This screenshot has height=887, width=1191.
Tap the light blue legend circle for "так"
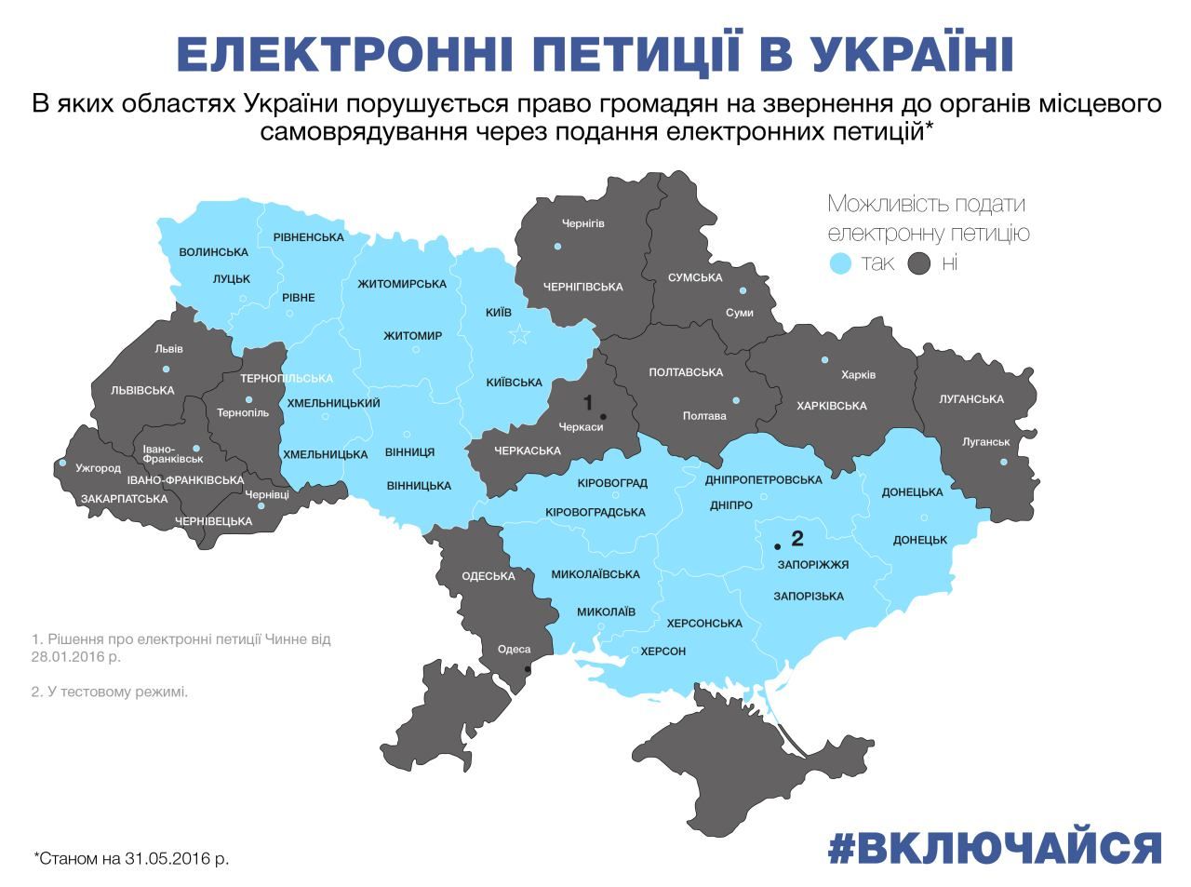point(840,263)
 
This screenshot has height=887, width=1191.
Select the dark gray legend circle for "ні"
point(920,263)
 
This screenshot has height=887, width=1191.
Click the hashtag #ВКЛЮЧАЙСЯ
point(995,848)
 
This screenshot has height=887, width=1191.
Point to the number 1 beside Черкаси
point(588,403)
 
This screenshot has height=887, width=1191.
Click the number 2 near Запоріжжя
point(796,538)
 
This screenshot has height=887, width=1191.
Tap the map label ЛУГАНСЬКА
point(971,399)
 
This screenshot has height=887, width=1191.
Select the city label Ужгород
point(99,469)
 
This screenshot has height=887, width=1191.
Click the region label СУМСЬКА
point(695,277)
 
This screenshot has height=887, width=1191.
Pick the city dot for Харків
point(824,359)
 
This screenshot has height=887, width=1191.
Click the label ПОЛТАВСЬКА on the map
point(686,372)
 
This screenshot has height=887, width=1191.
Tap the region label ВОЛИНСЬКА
point(213,252)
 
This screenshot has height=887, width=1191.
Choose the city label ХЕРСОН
point(662,652)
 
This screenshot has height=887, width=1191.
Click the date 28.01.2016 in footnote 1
point(66,656)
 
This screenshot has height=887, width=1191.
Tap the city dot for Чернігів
point(558,247)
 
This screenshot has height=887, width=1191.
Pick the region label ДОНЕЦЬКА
point(912,492)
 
